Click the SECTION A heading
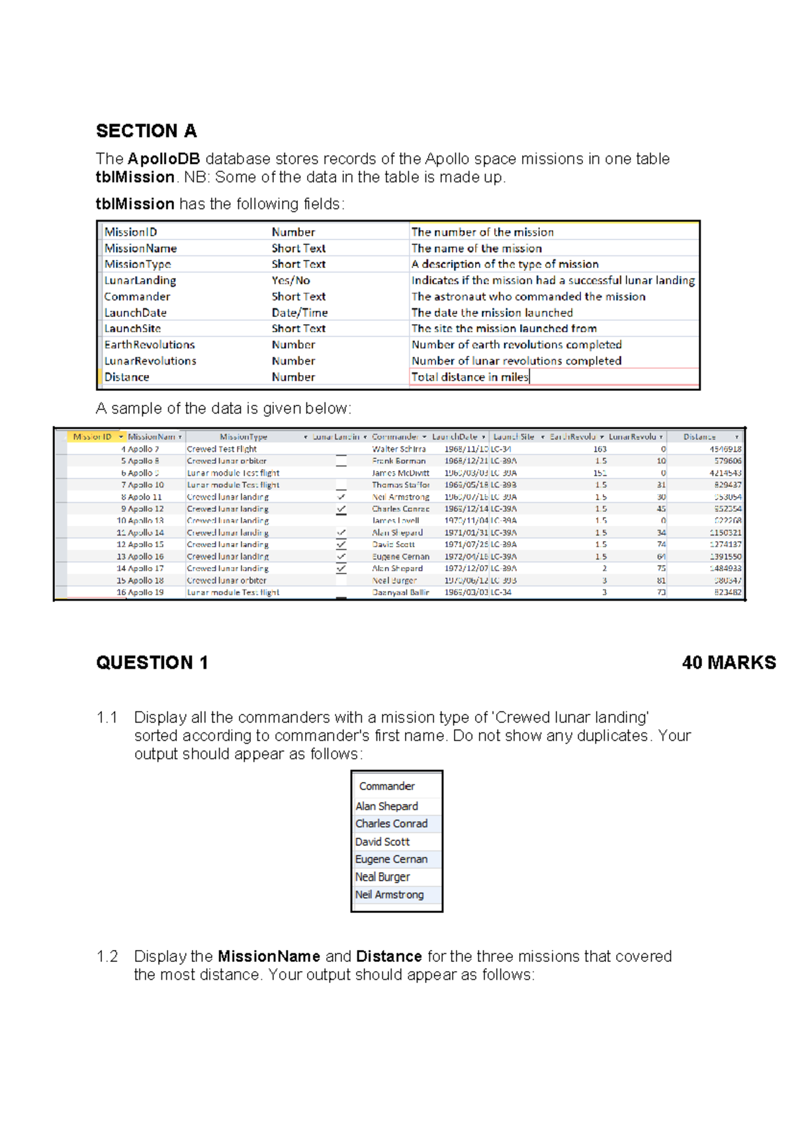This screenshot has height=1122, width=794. point(146,131)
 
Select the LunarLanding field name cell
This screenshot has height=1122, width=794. point(140,280)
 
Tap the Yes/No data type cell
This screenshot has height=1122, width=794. point(290,280)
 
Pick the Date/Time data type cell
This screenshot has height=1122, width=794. point(299,312)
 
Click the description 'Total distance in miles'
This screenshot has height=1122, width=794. point(470,377)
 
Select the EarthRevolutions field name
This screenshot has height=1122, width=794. point(150,345)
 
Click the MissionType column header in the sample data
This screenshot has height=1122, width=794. point(243,437)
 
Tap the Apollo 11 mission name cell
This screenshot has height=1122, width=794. point(145,497)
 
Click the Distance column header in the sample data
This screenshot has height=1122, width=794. point(699,437)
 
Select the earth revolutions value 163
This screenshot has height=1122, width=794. point(599,449)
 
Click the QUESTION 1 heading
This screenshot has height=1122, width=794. point(152,663)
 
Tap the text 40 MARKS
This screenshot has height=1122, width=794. point(728,663)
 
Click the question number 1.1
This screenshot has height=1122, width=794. point(107,718)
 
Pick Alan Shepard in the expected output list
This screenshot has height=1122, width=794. point(386,806)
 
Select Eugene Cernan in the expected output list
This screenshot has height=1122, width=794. point(391,859)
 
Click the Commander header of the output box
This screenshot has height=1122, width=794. point(386,786)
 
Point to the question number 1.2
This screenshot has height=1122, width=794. point(107,957)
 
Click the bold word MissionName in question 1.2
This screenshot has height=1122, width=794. point(269,957)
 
